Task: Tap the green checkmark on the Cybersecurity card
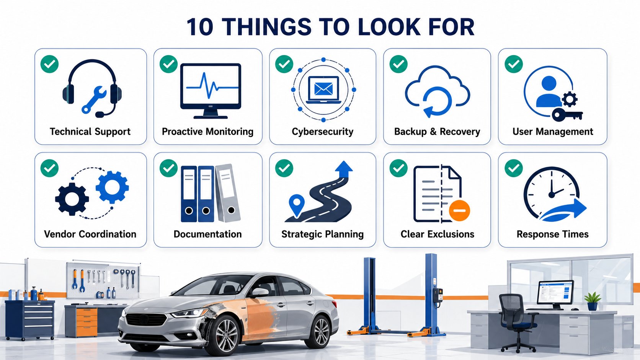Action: pyautogui.click(x=284, y=64)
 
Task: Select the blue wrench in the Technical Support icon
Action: pyautogui.click(x=94, y=100)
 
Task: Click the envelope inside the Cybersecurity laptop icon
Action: pyautogui.click(x=323, y=89)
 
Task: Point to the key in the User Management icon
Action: pyautogui.click(x=567, y=115)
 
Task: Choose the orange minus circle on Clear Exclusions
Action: pyautogui.click(x=459, y=211)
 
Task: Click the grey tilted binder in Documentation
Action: pyautogui.click(x=228, y=193)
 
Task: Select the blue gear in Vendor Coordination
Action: pyautogui.click(x=112, y=187)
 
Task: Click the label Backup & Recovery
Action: pyautogui.click(x=437, y=132)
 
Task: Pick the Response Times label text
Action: pyautogui.click(x=552, y=234)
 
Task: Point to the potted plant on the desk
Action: pyautogui.click(x=593, y=301)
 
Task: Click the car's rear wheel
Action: pyautogui.click(x=322, y=332)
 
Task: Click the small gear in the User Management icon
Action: pyautogui.click(x=570, y=99)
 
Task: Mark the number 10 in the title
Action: pyautogui.click(x=200, y=27)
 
